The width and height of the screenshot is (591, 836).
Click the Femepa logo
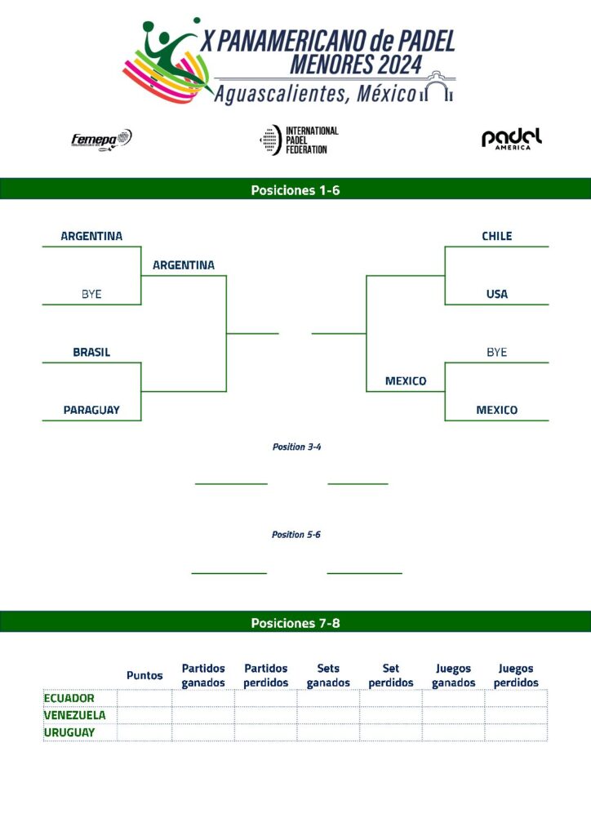[101, 140]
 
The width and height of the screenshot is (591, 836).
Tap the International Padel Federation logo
[299, 140]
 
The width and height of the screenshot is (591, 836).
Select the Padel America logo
[512, 139]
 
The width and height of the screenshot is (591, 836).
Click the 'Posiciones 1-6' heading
[295, 190]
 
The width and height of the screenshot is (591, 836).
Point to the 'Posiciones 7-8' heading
[295, 623]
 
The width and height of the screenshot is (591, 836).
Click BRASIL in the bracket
[91, 353]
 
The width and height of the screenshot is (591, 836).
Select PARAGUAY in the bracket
[91, 410]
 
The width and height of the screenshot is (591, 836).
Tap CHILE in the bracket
[496, 236]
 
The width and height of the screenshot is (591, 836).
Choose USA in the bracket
[496, 294]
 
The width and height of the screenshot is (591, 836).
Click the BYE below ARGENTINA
[91, 294]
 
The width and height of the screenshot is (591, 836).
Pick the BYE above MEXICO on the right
[496, 352]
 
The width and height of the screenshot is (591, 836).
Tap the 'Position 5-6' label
[295, 534]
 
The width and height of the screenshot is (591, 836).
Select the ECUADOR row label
[69, 698]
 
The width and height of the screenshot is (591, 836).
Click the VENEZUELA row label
[74, 715]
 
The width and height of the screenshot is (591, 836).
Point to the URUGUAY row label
[69, 732]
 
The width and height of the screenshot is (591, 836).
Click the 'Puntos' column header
[144, 675]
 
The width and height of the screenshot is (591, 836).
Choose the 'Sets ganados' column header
[328, 675]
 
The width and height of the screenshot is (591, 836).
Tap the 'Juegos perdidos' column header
[516, 675]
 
